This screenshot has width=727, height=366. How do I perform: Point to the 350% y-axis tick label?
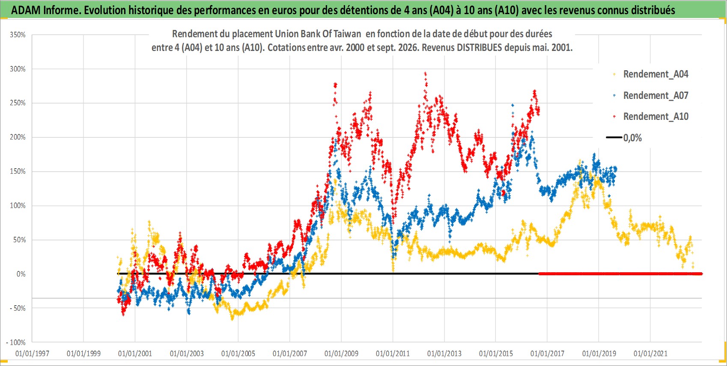coord(18,35)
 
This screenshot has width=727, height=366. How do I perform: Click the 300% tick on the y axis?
coord(18,69)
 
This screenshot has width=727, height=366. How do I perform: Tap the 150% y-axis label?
coord(18,172)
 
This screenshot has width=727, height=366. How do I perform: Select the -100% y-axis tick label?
coord(16,342)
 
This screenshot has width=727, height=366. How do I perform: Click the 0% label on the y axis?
coord(21,274)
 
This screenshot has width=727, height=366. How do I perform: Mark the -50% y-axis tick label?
coord(18,308)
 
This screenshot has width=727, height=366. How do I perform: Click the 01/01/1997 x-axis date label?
coord(32,354)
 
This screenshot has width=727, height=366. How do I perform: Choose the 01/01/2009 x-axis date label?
coord(341,354)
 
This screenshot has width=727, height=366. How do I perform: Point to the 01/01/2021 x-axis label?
coord(650,354)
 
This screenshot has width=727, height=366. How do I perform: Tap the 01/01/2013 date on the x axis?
coord(444,354)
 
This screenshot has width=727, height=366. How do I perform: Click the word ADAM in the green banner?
coord(26,10)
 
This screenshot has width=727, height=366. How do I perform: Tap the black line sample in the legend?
coord(614,137)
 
